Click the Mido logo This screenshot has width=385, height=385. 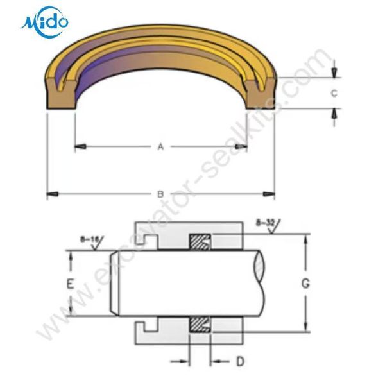pos(44,22)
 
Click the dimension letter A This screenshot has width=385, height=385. pos(160,147)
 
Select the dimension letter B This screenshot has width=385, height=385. pos(160,194)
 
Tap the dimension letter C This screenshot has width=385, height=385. pos(334,93)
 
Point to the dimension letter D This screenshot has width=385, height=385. pos(240,361)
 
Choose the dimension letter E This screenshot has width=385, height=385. pos(70,284)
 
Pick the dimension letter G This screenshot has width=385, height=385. pos(305,284)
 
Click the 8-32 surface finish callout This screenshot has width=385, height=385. pos(268,226)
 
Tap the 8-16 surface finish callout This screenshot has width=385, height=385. pos(92,243)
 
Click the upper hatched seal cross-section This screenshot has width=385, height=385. pos(200,242)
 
